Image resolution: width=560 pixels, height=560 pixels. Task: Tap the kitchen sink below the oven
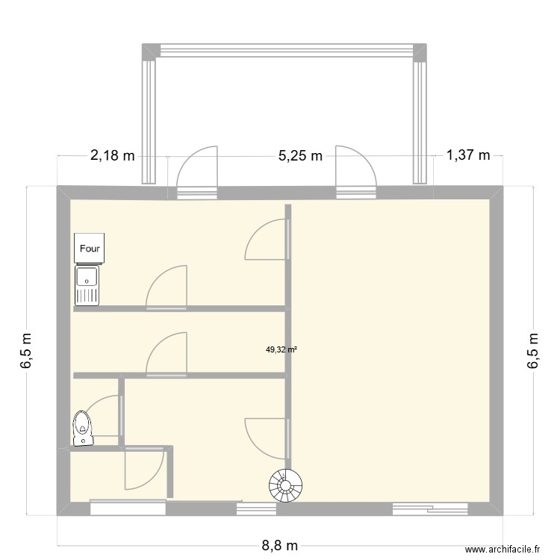coord(87,285)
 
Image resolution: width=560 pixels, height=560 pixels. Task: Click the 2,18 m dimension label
coord(113,156)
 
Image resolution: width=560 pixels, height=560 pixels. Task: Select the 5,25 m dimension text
coord(300,156)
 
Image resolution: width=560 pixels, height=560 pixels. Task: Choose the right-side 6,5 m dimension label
coord(532,350)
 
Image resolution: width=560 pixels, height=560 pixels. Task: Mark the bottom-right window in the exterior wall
coord(431,508)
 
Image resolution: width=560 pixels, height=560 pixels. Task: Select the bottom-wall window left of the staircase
coord(256,508)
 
